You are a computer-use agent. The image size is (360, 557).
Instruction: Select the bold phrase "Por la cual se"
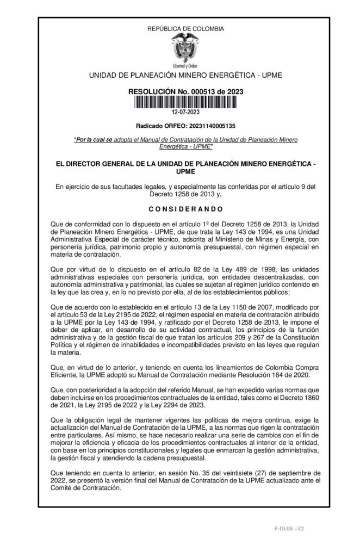[93, 140]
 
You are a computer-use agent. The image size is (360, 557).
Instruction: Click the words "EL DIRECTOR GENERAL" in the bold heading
[92, 163]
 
